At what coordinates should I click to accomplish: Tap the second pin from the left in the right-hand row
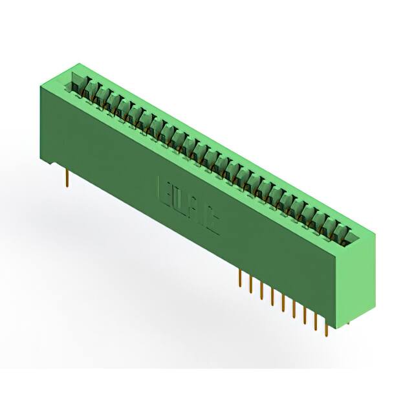coord(250,285)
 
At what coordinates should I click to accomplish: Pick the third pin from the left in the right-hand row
coord(261,292)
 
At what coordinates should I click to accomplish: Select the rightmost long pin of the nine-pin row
coord(327,327)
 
